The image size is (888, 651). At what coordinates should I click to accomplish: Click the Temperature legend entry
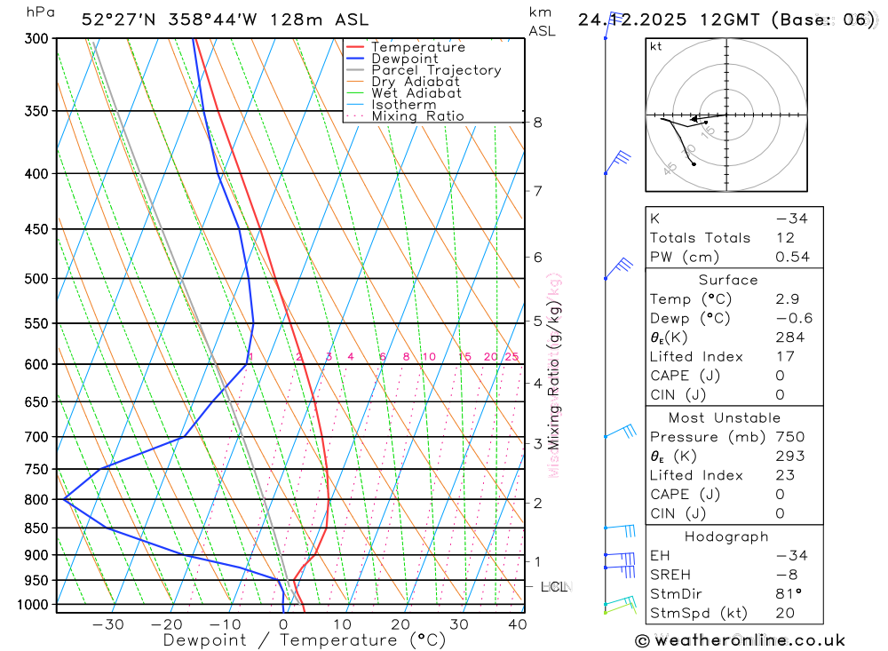[417, 47]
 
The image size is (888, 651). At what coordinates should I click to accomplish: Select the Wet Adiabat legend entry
[416, 93]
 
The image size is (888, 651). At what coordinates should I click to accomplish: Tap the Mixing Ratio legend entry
[417, 116]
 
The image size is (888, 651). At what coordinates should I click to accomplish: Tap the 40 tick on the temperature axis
[518, 624]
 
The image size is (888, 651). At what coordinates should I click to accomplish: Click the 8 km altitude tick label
[538, 123]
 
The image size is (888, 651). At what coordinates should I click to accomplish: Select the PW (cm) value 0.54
[792, 258]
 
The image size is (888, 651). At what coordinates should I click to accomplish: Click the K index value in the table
[791, 218]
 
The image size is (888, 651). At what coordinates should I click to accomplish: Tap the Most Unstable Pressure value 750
[789, 437]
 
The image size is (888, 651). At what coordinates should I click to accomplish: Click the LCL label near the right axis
[553, 587]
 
